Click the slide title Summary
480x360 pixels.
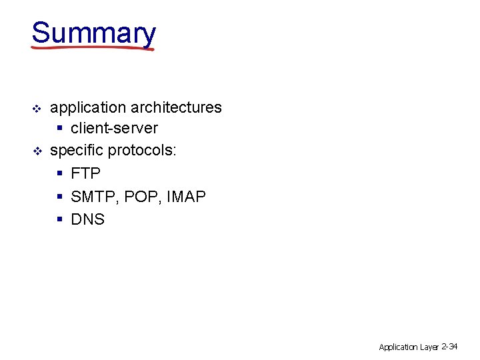point(93,33)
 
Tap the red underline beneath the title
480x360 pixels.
point(93,48)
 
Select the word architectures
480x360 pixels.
point(177,107)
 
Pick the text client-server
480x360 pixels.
point(114,128)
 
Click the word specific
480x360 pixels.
point(77,151)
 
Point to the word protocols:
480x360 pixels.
point(142,151)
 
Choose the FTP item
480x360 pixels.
point(85,173)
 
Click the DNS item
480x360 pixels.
point(87,219)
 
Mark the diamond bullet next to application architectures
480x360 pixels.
point(37,108)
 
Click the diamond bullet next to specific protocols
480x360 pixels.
point(37,151)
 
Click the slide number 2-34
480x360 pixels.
point(449,346)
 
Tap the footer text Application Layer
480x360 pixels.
point(409,347)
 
